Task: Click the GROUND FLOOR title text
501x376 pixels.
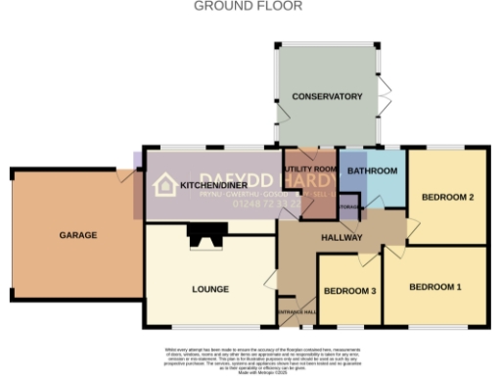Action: click(248, 6)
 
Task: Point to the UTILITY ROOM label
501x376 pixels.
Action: click(309, 169)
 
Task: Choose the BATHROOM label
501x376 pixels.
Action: click(372, 171)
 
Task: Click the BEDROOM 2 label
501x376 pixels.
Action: click(447, 198)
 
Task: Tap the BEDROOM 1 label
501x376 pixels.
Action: click(434, 287)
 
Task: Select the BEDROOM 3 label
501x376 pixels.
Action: click(350, 291)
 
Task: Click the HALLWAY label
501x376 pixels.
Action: click(342, 238)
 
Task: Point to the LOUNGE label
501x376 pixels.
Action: click(210, 289)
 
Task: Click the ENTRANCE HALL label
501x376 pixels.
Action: click(297, 312)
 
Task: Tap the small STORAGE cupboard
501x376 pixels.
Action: click(348, 207)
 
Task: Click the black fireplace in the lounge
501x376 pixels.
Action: click(206, 235)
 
